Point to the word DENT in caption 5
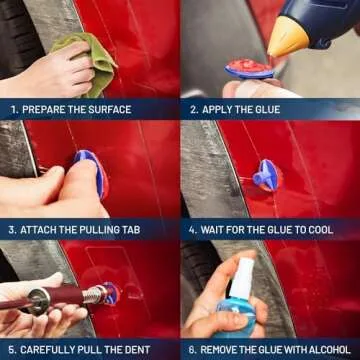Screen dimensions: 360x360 pyautogui.click(x=134, y=350)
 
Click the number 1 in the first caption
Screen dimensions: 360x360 pyautogui.click(x=13, y=109)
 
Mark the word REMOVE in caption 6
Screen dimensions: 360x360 pyautogui.click(x=219, y=350)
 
